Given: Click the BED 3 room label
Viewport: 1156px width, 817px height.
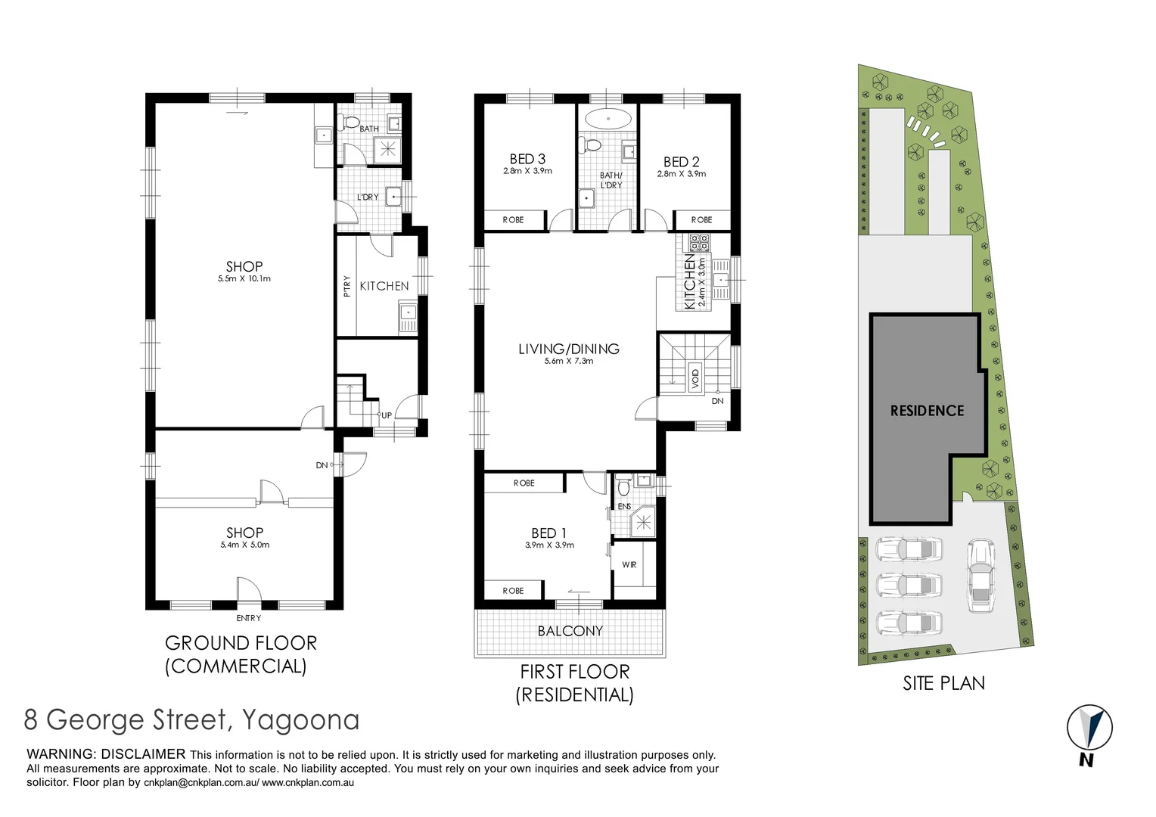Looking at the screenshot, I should click(527, 159).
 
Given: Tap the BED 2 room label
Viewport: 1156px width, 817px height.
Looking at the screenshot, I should click(681, 162).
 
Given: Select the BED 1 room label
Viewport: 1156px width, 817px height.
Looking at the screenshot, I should click(548, 533).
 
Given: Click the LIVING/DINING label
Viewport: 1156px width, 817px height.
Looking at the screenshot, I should click(569, 349).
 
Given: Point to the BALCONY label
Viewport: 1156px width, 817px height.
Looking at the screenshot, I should click(570, 631).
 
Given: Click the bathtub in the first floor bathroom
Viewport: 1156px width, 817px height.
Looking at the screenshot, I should click(608, 119).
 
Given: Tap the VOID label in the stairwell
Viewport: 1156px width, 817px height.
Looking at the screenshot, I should click(695, 376).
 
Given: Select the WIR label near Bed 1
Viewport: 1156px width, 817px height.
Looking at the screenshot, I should click(629, 565).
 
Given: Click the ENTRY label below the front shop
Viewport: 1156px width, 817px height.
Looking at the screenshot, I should click(249, 618).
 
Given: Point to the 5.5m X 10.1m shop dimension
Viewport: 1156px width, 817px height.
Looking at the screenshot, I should click(244, 279).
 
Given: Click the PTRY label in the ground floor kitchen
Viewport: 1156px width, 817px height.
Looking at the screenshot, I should click(347, 286).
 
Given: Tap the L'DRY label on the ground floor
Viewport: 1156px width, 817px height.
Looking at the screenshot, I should click(368, 197).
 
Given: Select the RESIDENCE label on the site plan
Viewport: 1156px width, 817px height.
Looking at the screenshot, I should click(927, 411).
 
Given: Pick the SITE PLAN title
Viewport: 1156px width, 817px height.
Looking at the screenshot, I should click(943, 683).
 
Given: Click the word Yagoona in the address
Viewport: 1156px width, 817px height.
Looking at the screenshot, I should click(300, 719).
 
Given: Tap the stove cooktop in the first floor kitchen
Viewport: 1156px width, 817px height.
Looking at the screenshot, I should click(698, 243).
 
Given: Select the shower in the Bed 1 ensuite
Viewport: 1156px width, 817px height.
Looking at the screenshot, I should click(644, 521).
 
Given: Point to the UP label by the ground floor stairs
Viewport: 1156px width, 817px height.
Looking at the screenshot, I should click(387, 415).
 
